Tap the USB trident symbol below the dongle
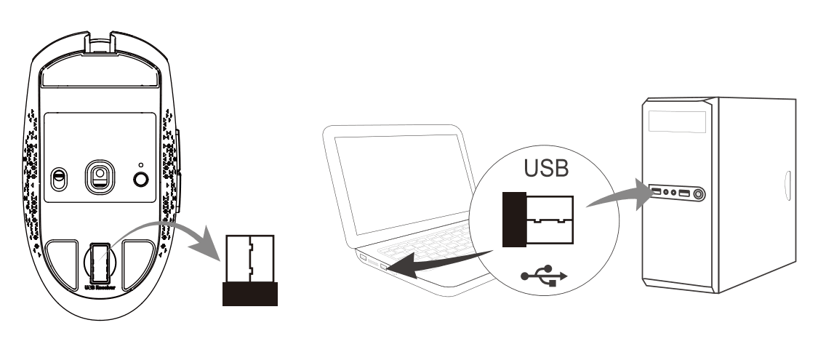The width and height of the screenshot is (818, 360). click(542, 278)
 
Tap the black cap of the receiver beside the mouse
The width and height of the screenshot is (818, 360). click(249, 295)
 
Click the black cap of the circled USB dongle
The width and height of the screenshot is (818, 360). click(513, 219)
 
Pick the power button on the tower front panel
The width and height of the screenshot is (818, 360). click(699, 194)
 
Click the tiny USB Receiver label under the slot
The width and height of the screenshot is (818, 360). click(100, 288)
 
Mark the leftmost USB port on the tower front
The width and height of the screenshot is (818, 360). click(656, 193)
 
